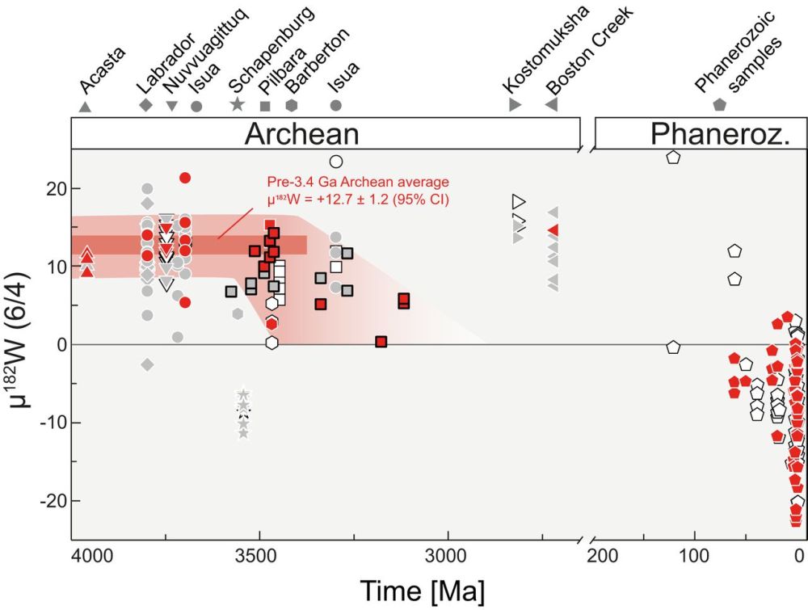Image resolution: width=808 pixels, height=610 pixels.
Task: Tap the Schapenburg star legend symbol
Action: point(237,105)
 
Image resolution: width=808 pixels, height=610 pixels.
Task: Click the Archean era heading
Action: point(302,133)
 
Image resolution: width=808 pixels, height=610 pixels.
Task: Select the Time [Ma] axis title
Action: point(424,591)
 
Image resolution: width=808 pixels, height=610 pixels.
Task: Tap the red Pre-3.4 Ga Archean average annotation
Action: point(358,190)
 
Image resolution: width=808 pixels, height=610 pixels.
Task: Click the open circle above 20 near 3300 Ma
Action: point(336,162)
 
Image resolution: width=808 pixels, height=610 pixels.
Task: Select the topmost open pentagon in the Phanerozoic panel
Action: point(673,157)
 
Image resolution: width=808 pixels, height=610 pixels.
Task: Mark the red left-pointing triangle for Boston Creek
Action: point(553,229)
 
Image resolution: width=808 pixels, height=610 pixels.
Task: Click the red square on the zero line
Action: point(381,342)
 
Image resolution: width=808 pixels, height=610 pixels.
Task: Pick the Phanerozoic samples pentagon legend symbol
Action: point(720,105)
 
